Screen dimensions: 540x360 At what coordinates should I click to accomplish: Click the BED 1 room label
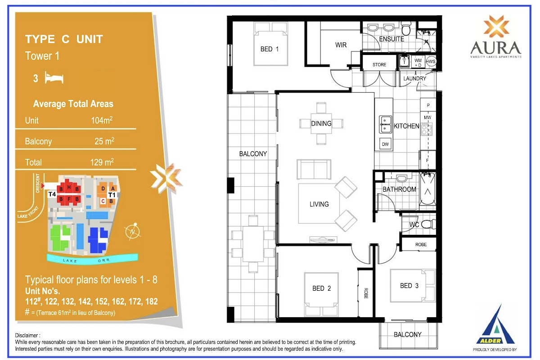click(x=270, y=49)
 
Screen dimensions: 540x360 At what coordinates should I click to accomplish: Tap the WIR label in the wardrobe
click(x=341, y=45)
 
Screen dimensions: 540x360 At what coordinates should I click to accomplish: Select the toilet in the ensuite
click(x=406, y=29)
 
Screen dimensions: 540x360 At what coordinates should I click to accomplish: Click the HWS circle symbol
click(x=431, y=61)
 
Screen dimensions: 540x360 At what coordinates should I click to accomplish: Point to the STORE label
click(x=379, y=65)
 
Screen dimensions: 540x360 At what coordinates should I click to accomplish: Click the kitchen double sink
click(x=385, y=124)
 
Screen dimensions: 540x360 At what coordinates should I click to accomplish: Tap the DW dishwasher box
click(x=385, y=144)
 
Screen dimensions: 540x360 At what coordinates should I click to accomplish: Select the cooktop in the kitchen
click(x=427, y=129)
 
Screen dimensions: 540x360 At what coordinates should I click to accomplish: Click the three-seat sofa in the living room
click(x=314, y=169)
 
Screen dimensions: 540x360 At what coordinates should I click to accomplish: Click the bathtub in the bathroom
click(x=427, y=189)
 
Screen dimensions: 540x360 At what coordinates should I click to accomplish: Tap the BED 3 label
click(x=409, y=286)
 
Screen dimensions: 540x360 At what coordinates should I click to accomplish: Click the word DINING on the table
click(x=321, y=123)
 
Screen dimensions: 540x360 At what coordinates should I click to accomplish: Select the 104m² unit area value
click(x=102, y=120)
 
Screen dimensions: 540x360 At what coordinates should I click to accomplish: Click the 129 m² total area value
click(x=102, y=162)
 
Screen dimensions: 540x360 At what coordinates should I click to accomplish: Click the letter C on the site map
click(x=103, y=201)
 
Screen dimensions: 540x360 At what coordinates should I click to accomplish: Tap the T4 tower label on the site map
click(x=52, y=194)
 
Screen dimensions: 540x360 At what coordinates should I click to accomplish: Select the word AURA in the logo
click(x=495, y=48)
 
